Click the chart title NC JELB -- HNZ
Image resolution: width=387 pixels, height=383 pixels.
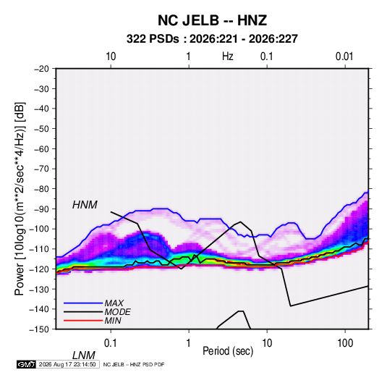[x=212, y=20]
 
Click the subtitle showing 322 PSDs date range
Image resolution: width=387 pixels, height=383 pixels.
[x=212, y=39]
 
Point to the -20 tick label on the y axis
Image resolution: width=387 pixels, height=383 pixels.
[x=41, y=69]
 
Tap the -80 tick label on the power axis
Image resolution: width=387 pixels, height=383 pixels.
[x=41, y=189]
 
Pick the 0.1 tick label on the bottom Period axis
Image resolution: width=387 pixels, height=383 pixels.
[x=111, y=343]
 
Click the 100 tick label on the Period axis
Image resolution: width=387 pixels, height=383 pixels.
[x=345, y=343]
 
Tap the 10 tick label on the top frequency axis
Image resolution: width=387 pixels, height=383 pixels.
[x=111, y=56]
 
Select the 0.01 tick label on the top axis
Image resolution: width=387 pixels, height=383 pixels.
[x=344, y=56]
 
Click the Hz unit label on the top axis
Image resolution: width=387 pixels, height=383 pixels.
[x=228, y=56]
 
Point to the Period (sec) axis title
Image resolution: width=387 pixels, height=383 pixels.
[x=228, y=351]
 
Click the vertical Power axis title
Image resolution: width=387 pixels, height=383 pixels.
[x=20, y=198]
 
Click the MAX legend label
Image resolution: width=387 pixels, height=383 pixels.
[x=114, y=303]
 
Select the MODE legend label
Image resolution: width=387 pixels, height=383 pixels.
[x=117, y=312]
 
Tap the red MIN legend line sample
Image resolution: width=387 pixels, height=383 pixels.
[x=83, y=321]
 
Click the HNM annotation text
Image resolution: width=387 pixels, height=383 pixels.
[x=85, y=205]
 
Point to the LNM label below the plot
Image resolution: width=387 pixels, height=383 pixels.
[x=84, y=355]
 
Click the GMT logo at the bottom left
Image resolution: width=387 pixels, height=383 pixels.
[x=26, y=364]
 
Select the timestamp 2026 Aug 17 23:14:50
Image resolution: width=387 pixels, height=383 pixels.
[x=67, y=364]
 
